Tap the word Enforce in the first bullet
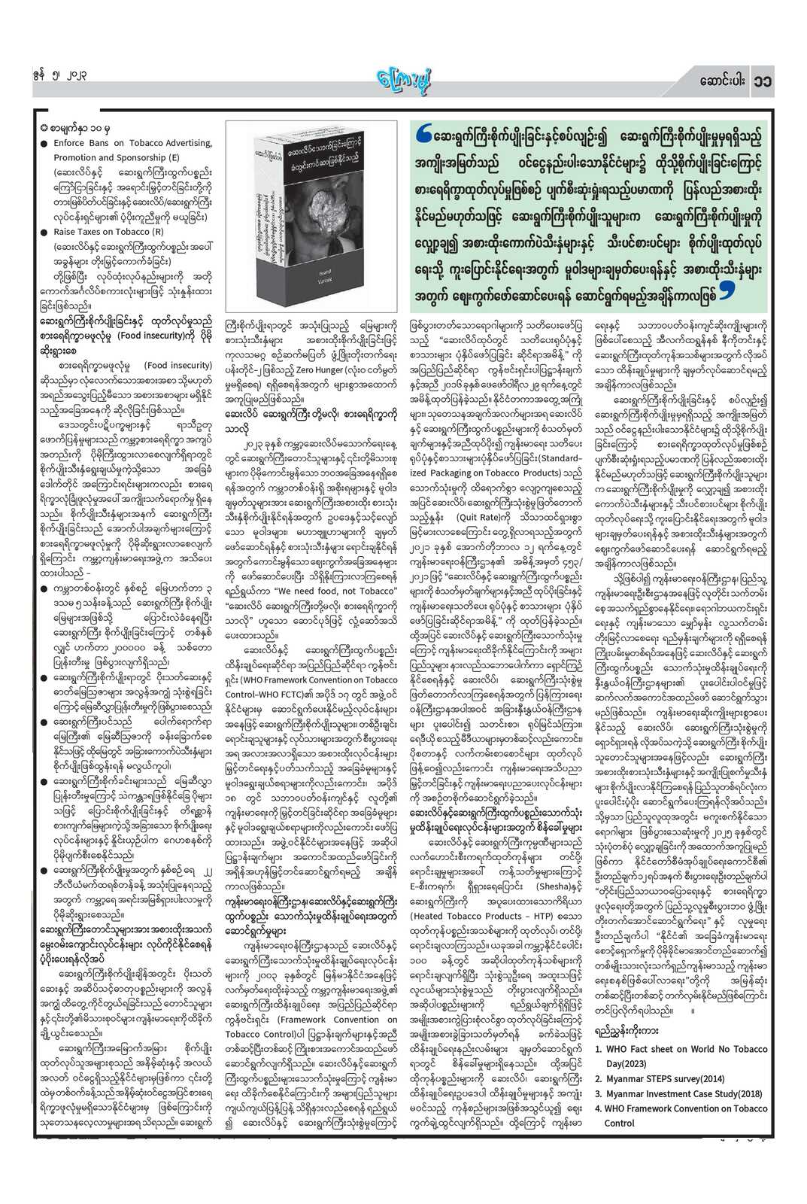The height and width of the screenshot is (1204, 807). coord(68,143)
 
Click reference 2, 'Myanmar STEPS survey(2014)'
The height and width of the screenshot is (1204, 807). coord(660,1078)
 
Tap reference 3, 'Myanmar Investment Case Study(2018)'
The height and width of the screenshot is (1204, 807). coord(678,1093)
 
